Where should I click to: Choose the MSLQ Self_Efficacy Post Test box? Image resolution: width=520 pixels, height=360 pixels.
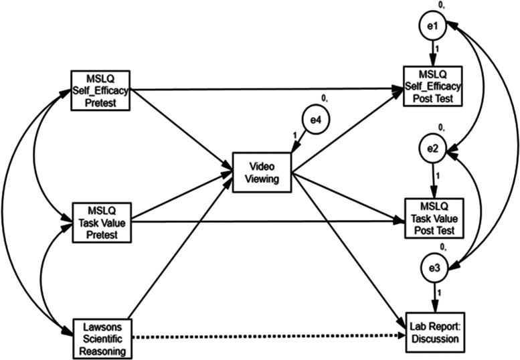pyautogui.click(x=432, y=86)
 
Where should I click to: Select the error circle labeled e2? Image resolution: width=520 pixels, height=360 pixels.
pyautogui.click(x=432, y=149)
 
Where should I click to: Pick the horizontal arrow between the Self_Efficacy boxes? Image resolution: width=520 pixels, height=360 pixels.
pyautogui.click(x=268, y=89)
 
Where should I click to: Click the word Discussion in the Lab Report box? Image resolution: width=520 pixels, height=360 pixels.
pyautogui.click(x=435, y=339)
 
